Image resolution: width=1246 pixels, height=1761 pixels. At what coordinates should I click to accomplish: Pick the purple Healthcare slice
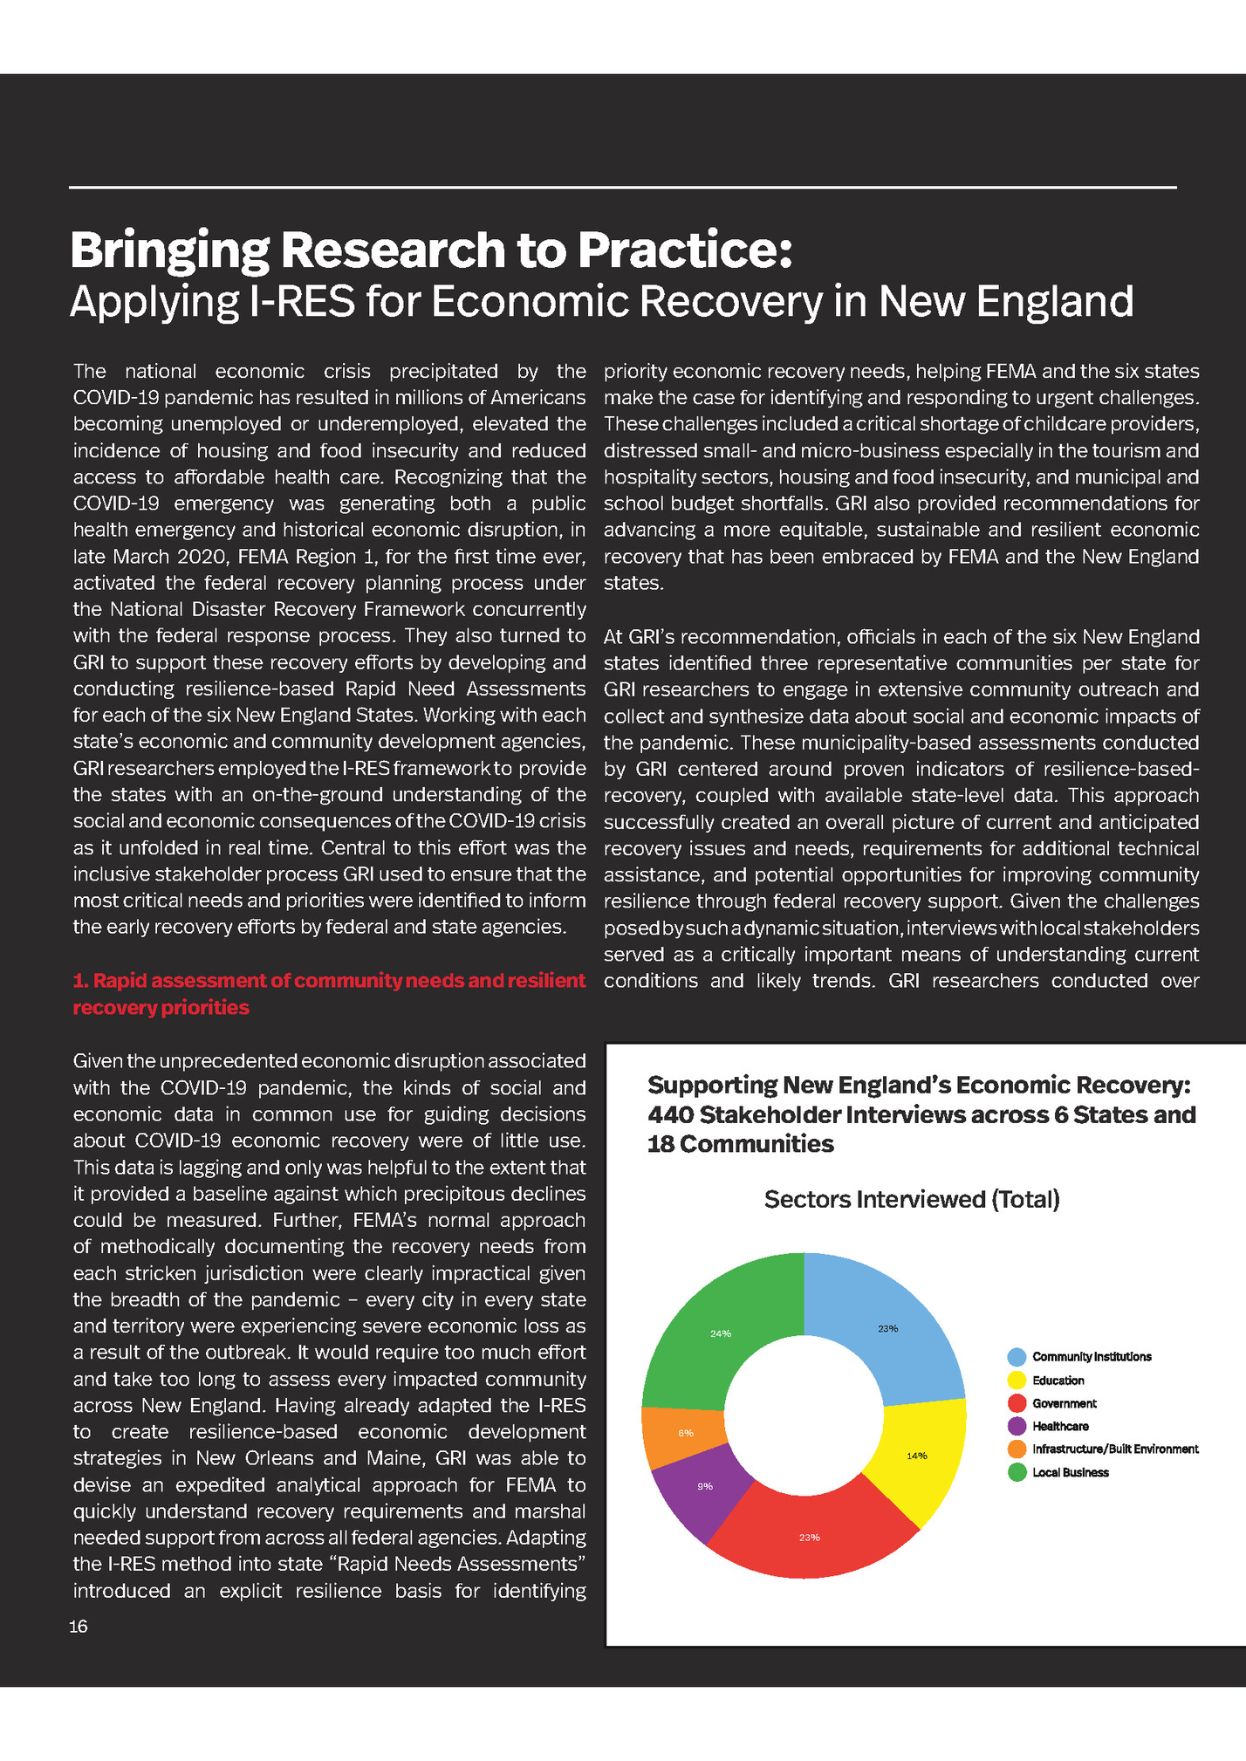pyautogui.click(x=698, y=1489)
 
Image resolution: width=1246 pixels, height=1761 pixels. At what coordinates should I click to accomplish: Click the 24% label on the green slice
pyautogui.click(x=721, y=1333)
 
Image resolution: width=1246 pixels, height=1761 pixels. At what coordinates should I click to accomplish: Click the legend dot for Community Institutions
pyautogui.click(x=1017, y=1357)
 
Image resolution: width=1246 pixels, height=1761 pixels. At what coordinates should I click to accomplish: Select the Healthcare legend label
pyautogui.click(x=1060, y=1426)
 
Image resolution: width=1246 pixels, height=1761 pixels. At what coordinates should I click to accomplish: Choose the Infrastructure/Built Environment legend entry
pyautogui.click(x=1114, y=1449)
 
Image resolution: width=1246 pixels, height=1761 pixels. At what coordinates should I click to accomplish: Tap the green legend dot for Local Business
pyautogui.click(x=1017, y=1472)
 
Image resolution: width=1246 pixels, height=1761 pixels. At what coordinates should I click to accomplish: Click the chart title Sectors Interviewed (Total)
pyautogui.click(x=912, y=1199)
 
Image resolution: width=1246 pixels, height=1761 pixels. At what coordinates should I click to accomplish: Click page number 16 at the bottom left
pyautogui.click(x=79, y=1627)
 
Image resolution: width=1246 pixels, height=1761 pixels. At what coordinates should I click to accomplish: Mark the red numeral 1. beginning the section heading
pyautogui.click(x=80, y=981)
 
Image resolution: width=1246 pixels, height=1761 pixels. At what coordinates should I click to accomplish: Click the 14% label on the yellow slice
pyautogui.click(x=916, y=1456)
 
